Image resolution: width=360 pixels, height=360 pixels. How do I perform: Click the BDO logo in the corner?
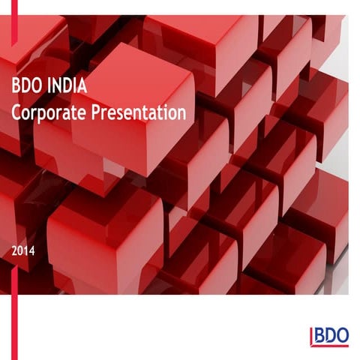coord(328,337)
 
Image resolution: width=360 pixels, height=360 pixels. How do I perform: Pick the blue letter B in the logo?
coord(319,335)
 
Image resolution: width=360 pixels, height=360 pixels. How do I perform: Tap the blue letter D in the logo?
coord(329,335)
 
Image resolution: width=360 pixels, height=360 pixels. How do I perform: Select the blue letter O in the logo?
coord(341,335)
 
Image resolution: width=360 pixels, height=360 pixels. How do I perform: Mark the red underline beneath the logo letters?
coord(330,345)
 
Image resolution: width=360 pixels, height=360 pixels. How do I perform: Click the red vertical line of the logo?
coord(310,337)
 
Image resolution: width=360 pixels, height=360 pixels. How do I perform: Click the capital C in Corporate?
coord(17,114)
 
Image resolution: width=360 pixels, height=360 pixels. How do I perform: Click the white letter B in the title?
coord(16,86)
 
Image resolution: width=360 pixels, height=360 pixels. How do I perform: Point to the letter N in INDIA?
coord(59,86)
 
